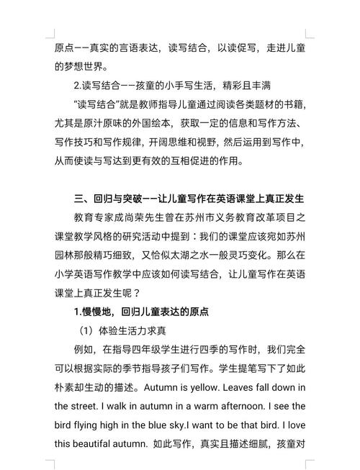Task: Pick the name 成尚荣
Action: click(141, 217)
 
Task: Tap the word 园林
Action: click(66, 254)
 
